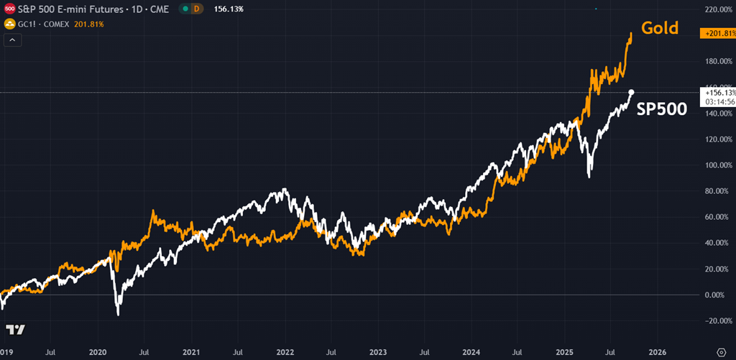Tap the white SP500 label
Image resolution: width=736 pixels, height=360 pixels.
(662, 110)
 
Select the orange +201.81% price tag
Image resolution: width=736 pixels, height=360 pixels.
(719, 33)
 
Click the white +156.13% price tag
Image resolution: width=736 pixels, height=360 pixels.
(719, 92)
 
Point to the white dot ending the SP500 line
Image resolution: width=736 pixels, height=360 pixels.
(631, 92)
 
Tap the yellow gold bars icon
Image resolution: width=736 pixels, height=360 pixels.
(9, 24)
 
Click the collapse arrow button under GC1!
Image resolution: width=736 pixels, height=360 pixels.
(13, 40)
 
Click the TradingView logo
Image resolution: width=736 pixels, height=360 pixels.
(16, 330)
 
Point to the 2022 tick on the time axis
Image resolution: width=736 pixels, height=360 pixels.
(285, 353)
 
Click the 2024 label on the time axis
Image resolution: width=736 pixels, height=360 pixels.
(471, 353)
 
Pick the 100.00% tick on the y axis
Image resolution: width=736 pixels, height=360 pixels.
(719, 165)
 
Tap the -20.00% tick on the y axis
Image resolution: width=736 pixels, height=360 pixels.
(719, 320)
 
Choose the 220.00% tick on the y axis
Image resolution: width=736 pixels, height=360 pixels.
(719, 9)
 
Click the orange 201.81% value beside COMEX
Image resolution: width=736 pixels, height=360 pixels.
(89, 24)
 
